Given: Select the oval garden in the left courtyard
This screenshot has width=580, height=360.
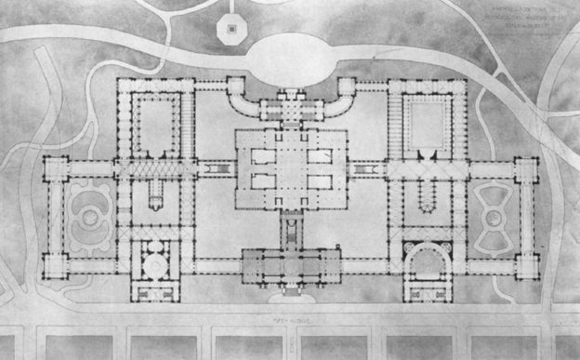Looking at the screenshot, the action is click(90, 218).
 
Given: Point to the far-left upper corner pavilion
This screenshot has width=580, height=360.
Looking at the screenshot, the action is click(56, 168).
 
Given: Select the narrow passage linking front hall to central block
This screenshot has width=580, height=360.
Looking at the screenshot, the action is click(291, 229).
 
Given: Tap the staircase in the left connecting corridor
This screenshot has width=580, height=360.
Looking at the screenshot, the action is click(220, 169).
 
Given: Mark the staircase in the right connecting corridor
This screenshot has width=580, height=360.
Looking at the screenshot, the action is click(362, 170).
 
